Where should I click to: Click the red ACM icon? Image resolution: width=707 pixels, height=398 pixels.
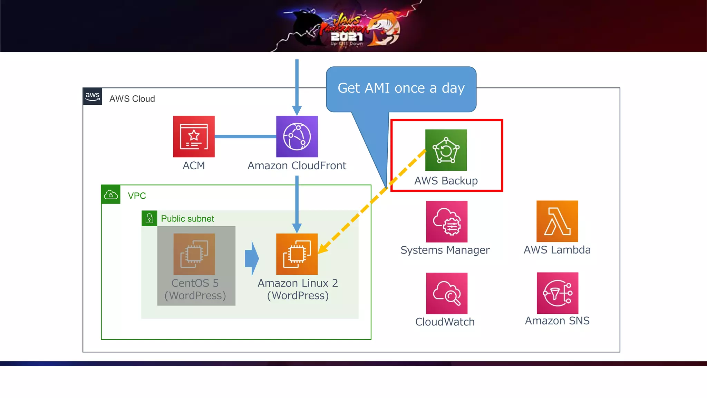coord(194,136)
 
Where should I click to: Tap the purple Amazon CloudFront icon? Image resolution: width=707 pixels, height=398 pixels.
coord(297,136)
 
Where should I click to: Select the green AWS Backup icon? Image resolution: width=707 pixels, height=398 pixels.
coord(446,150)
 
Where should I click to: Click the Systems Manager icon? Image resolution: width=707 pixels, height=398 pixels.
coord(447,221)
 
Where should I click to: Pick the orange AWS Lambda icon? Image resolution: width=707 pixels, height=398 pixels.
coord(557,221)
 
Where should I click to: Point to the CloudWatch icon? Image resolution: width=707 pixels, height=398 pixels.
coord(447,293)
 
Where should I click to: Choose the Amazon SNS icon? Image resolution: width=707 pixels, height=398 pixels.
coord(558,293)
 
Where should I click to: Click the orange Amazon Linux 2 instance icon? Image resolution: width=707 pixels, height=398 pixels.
coord(297,254)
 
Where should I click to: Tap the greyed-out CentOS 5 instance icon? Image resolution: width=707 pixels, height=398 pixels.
coord(194,254)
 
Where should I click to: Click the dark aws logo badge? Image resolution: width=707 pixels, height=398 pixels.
coord(93,96)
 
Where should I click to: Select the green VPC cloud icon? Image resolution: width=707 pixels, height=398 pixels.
coord(111,195)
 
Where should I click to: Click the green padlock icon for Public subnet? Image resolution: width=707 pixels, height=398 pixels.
coord(149,218)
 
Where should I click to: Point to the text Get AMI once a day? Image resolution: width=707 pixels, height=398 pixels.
coord(401,88)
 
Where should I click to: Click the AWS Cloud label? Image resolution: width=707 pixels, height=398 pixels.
coord(132,99)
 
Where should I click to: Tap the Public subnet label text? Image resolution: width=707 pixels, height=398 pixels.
coord(187,219)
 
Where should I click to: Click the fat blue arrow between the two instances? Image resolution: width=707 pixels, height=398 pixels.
coord(252,258)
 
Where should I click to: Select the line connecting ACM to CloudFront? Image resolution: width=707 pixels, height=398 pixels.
coord(245,136)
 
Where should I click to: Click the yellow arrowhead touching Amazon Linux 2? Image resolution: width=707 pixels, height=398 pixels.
coord(322,248)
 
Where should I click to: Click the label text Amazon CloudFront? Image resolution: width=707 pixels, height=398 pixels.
coord(297,166)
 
